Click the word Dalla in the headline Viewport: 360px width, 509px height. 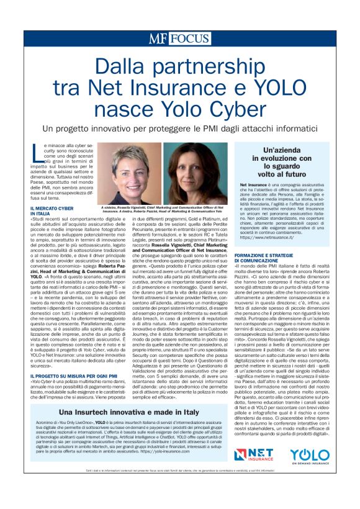coord(122,67)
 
